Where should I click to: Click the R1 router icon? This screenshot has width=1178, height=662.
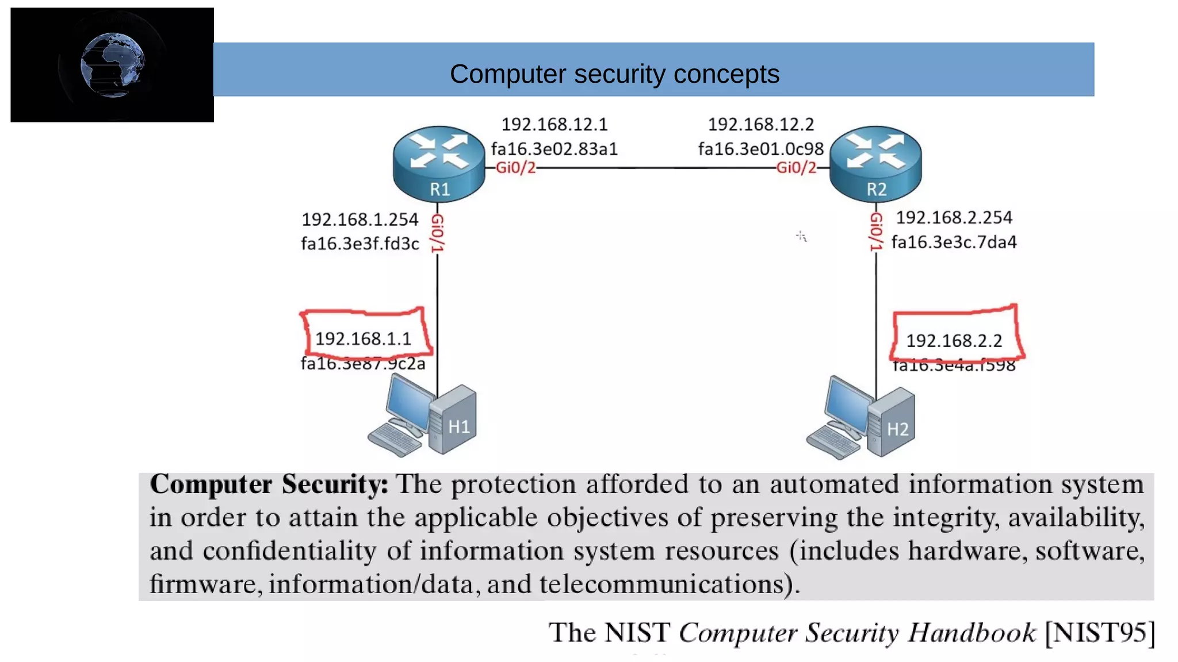(x=439, y=164)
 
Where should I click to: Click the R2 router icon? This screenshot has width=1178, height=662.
(x=875, y=164)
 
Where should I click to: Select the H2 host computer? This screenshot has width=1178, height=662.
(x=861, y=418)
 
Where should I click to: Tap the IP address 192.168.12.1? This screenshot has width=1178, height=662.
(x=554, y=124)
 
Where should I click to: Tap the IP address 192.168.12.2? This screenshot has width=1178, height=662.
(x=760, y=124)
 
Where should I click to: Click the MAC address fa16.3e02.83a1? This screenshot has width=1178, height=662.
(x=554, y=149)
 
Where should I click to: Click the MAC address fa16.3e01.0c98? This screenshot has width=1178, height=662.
(x=760, y=149)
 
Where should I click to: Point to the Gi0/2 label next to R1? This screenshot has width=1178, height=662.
(x=515, y=168)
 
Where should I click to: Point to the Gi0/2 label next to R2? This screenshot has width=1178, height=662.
(x=796, y=168)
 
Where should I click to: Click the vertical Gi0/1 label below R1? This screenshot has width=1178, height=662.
(x=438, y=233)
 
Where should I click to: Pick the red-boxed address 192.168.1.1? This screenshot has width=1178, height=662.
(x=363, y=338)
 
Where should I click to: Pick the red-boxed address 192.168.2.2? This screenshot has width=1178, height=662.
(x=954, y=341)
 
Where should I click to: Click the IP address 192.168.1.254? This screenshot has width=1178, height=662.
(x=360, y=220)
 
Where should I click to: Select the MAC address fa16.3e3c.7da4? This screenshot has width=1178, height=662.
(x=954, y=242)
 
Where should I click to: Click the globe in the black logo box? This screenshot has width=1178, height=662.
(x=112, y=65)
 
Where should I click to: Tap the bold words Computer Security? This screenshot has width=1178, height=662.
(x=269, y=484)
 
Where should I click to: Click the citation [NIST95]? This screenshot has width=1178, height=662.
(x=1099, y=633)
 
